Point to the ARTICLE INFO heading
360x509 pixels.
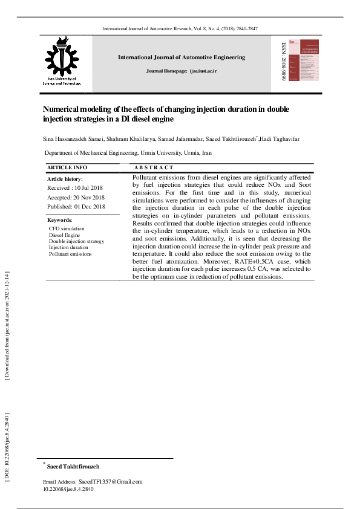[x=67, y=167]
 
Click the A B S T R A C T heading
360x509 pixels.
[x=154, y=167]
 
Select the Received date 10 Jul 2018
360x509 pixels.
[x=76, y=188]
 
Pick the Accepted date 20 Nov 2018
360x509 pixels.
[x=76, y=198]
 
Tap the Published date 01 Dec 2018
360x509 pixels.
[x=76, y=207]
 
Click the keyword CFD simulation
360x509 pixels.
[x=67, y=229]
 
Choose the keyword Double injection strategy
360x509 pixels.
[x=76, y=241]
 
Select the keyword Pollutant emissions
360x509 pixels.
[x=70, y=254]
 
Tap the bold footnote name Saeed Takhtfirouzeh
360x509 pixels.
[x=73, y=467]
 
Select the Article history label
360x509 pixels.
[x=65, y=179]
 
